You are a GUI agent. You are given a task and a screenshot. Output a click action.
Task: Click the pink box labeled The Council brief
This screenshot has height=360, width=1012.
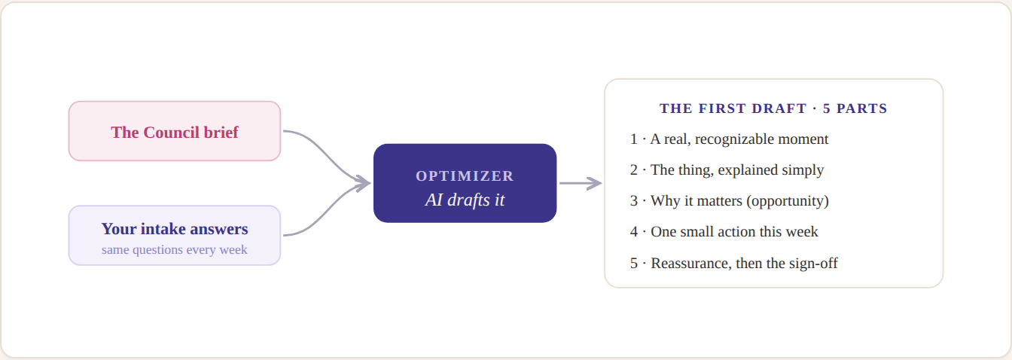pos(175,131)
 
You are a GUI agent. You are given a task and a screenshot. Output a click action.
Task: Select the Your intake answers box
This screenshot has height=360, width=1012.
pos(175,235)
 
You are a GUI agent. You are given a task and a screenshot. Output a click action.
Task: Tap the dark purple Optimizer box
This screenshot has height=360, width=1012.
pos(465,183)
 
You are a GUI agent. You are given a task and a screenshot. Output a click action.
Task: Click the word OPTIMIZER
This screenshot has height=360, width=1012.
pos(465,175)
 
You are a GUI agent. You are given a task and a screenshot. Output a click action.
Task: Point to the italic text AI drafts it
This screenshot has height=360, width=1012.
pos(465,200)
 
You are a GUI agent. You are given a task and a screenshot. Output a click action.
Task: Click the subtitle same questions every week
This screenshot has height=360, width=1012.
pos(175,249)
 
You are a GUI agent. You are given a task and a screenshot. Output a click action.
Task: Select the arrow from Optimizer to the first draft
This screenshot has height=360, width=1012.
pos(581,183)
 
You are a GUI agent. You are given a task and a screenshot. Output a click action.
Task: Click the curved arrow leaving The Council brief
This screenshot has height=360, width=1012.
pos(327,157)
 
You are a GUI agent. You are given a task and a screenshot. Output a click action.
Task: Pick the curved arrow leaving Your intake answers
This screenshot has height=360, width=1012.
pos(327,209)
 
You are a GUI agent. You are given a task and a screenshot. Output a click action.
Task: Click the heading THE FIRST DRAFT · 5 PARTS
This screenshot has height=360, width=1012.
pos(773,108)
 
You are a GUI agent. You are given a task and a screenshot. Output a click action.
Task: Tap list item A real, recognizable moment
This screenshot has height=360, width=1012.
pos(729,139)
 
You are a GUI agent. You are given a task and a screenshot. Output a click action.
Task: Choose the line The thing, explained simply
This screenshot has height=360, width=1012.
pos(727,170)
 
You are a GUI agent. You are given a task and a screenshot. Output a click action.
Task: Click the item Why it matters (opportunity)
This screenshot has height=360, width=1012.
pos(729,200)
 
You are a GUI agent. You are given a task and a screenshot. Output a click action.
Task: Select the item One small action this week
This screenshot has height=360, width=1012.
pos(724,232)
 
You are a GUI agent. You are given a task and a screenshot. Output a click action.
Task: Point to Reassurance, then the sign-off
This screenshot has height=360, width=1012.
pos(733,263)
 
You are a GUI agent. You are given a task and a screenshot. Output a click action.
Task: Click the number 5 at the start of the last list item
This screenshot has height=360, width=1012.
pos(634,263)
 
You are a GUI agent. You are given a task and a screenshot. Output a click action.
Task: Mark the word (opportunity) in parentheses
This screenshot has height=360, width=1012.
pos(788,201)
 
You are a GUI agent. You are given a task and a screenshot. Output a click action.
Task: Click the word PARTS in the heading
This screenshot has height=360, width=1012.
pos(862,108)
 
